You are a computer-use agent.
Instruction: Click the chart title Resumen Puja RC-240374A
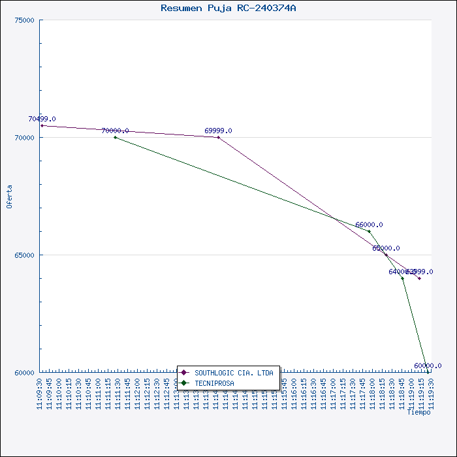(228, 8)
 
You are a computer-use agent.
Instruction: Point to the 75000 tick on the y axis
(24, 20)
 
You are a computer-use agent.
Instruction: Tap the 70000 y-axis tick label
(24, 137)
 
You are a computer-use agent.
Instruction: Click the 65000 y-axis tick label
(24, 255)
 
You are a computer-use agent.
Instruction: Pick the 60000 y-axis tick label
(24, 372)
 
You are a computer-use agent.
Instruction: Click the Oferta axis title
(9, 196)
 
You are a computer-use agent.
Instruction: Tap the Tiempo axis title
(418, 412)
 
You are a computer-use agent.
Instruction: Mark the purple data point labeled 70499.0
(42, 125)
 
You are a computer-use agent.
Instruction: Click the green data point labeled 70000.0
(115, 137)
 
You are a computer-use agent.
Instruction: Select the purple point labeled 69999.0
(218, 137)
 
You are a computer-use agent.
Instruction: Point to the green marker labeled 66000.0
(369, 231)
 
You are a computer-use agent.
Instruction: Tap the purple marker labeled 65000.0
(386, 255)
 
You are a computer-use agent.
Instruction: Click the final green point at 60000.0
(428, 372)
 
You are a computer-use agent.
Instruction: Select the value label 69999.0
(218, 131)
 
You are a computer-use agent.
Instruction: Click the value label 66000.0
(369, 225)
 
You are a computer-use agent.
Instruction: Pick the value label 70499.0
(42, 119)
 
